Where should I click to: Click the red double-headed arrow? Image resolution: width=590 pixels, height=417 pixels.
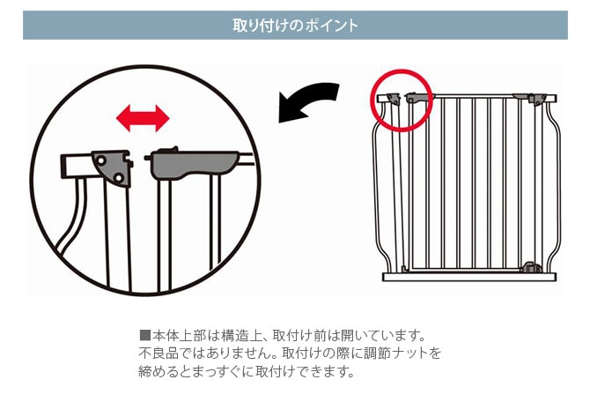coord(144,116)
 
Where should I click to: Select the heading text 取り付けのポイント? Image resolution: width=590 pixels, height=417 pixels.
coord(295,25)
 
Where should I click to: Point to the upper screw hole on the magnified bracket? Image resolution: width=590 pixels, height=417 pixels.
coord(103,160)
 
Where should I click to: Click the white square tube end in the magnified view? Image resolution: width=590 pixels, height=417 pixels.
coord(77,165)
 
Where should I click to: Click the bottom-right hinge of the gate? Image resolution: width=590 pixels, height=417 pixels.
coord(530,266)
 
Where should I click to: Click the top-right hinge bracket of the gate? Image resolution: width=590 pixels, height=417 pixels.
coord(534,99)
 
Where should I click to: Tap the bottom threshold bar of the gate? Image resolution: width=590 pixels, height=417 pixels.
coord(470,276)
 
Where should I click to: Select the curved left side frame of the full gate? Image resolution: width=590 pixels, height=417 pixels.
coord(380,185)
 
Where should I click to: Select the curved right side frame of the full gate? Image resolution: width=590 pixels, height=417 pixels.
coord(556,185)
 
